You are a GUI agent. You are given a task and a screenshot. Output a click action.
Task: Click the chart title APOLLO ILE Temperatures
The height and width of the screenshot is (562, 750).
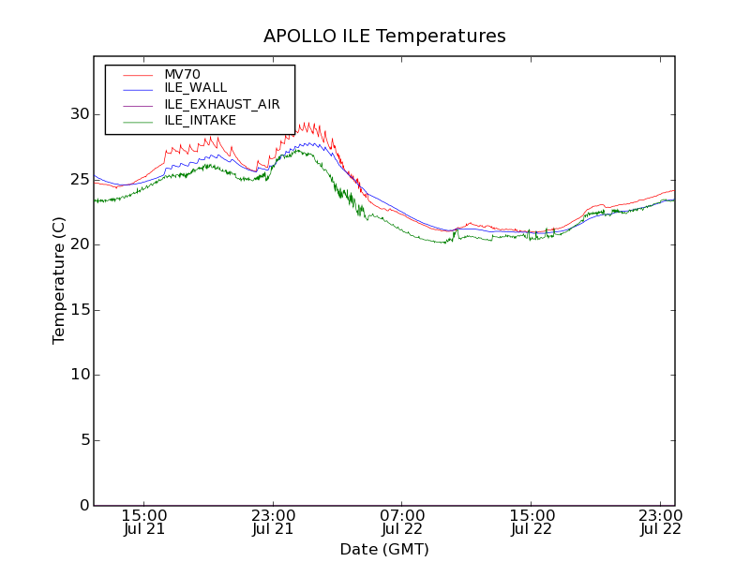point(384,37)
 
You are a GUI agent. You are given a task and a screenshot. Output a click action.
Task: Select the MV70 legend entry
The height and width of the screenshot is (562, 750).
point(182,74)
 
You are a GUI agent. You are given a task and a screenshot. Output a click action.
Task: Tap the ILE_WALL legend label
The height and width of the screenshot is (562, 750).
point(195,88)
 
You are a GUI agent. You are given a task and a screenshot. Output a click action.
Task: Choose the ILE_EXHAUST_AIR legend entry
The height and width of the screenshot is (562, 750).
point(221,104)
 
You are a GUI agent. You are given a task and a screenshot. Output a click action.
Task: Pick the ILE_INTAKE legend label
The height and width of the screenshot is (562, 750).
point(200,120)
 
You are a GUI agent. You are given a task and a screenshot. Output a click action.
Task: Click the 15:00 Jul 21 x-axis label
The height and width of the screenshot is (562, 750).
point(144,523)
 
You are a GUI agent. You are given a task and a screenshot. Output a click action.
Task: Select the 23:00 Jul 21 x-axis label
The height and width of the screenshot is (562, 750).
point(274,523)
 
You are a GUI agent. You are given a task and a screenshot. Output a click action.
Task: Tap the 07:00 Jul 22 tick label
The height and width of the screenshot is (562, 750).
point(402,523)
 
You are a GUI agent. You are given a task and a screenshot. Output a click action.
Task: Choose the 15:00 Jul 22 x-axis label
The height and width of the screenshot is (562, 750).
point(532,523)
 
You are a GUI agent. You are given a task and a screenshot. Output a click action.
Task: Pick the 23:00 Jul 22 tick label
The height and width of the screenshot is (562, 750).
point(660,523)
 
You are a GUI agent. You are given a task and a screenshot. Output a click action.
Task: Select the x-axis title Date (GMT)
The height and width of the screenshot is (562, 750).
point(384,549)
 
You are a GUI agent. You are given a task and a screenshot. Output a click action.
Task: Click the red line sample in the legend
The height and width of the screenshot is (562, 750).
point(138,74)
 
